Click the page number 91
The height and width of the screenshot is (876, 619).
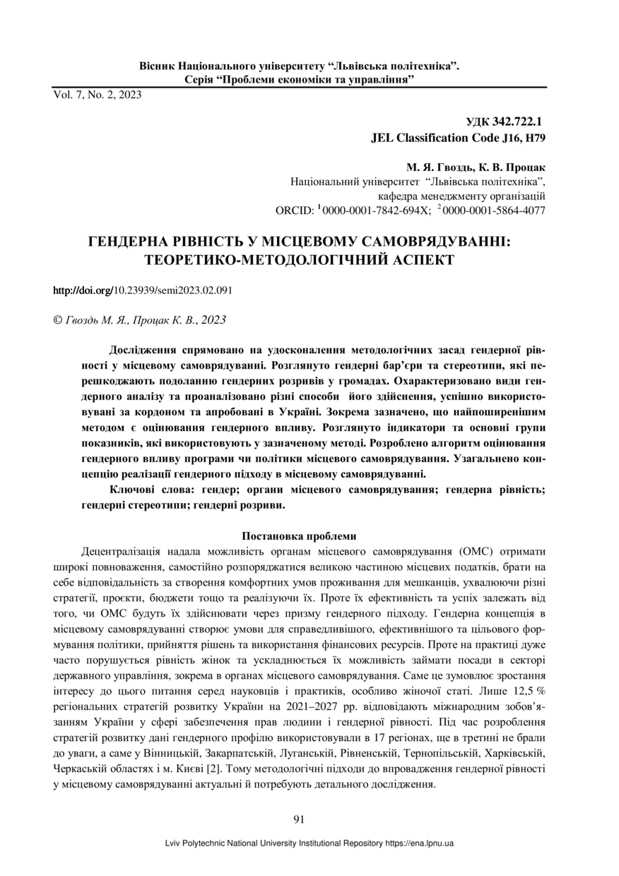298,819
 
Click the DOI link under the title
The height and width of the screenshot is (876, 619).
143,290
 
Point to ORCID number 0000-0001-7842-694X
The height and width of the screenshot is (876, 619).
371,211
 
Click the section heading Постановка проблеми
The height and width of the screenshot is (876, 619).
299,535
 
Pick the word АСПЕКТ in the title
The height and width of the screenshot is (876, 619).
416,260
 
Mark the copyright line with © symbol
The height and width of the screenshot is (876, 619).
140,320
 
